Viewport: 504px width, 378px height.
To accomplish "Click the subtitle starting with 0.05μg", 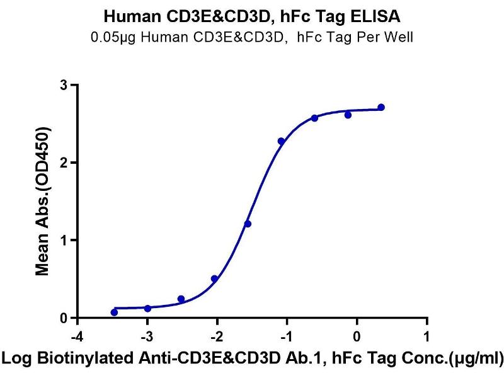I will tap(252, 37).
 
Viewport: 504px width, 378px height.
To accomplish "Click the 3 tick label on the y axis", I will tap(64, 85).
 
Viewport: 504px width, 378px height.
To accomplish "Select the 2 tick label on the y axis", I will tap(64, 163).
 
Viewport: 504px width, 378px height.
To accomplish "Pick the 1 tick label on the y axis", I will tap(64, 240).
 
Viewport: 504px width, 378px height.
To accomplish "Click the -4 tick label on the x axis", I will tap(77, 334).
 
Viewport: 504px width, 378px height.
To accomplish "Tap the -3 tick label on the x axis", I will tap(147, 334).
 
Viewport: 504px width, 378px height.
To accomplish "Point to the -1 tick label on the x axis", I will tap(287, 334).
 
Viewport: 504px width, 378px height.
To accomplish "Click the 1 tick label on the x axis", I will tap(427, 334).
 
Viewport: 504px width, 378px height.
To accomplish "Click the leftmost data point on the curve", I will tap(114, 312).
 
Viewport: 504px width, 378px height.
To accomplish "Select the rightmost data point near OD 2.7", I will tap(381, 108).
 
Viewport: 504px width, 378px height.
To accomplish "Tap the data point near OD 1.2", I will tap(248, 224).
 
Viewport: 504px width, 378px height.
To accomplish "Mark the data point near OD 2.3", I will tap(281, 141).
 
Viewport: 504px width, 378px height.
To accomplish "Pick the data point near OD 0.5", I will tap(214, 278).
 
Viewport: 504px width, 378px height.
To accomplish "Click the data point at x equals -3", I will tap(147, 308).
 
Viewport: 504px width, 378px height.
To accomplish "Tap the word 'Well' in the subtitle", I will tap(399, 37).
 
